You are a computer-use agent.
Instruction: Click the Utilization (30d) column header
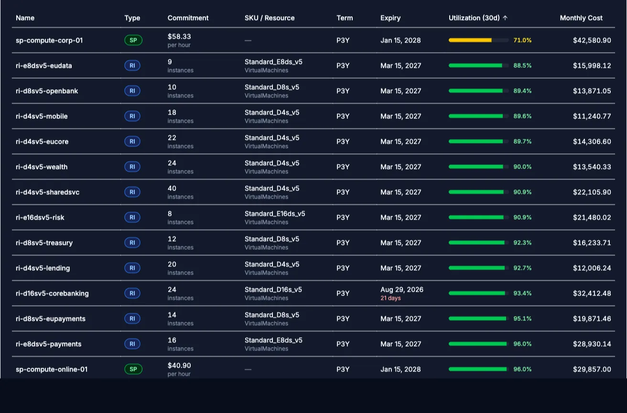click(x=474, y=18)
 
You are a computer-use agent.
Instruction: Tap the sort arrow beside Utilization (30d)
click(x=505, y=18)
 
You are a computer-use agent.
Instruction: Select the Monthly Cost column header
click(x=581, y=18)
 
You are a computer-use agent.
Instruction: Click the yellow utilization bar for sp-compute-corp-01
click(x=470, y=40)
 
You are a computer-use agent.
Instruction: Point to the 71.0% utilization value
click(x=522, y=40)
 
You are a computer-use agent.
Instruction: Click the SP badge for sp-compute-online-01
click(x=133, y=369)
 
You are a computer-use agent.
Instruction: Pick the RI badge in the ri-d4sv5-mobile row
click(x=132, y=116)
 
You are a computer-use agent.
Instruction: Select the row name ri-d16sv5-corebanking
click(x=52, y=293)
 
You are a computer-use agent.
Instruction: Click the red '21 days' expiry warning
click(x=390, y=298)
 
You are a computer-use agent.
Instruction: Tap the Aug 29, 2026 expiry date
click(x=401, y=290)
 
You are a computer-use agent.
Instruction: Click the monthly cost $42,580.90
click(x=592, y=40)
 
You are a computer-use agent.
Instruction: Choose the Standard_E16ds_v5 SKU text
click(x=275, y=213)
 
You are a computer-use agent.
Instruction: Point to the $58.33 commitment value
click(x=179, y=36)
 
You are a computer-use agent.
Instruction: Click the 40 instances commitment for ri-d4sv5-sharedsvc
click(x=181, y=192)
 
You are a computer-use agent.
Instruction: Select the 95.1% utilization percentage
click(x=522, y=318)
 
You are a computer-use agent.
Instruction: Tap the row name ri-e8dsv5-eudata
click(x=43, y=66)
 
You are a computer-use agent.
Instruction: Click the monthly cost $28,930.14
click(x=592, y=344)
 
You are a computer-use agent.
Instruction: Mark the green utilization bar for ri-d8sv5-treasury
click(x=476, y=243)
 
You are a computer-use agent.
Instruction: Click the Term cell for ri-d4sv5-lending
click(x=343, y=268)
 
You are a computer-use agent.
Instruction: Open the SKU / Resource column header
click(x=270, y=18)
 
